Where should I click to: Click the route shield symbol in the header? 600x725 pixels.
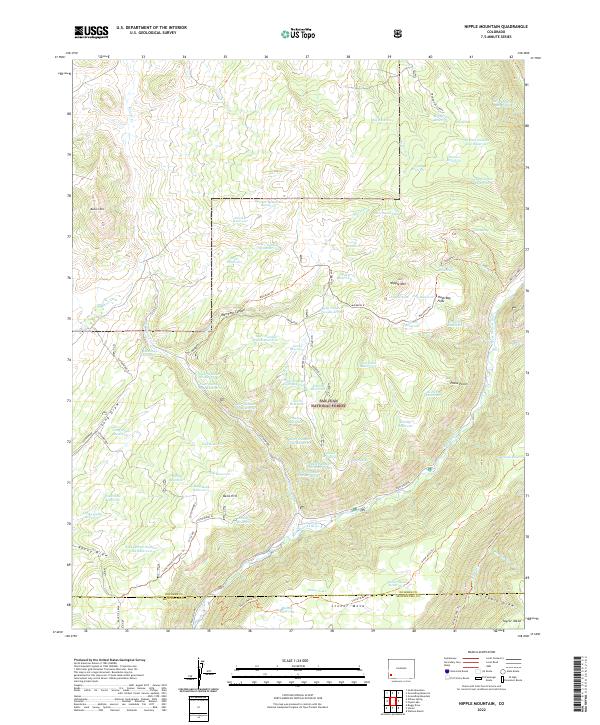[400, 33]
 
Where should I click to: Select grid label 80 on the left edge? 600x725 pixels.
[70, 114]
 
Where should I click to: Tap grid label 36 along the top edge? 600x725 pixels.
[266, 57]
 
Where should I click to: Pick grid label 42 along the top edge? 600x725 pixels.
[511, 57]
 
